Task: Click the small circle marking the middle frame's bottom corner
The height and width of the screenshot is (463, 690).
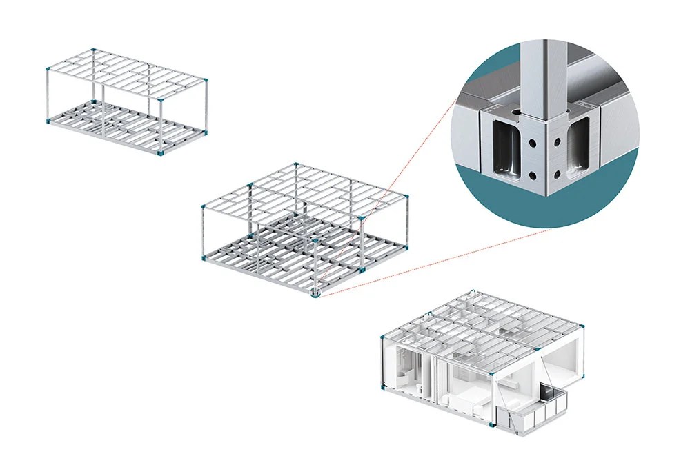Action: tap(315, 293)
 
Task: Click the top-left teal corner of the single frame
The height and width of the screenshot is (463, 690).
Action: tap(48, 70)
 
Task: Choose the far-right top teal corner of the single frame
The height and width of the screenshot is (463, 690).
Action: tap(206, 81)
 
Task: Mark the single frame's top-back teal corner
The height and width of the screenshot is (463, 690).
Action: tap(95, 50)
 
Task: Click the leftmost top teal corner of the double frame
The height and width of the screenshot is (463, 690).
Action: tap(204, 206)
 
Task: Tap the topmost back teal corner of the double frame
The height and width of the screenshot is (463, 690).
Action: tap(295, 164)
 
